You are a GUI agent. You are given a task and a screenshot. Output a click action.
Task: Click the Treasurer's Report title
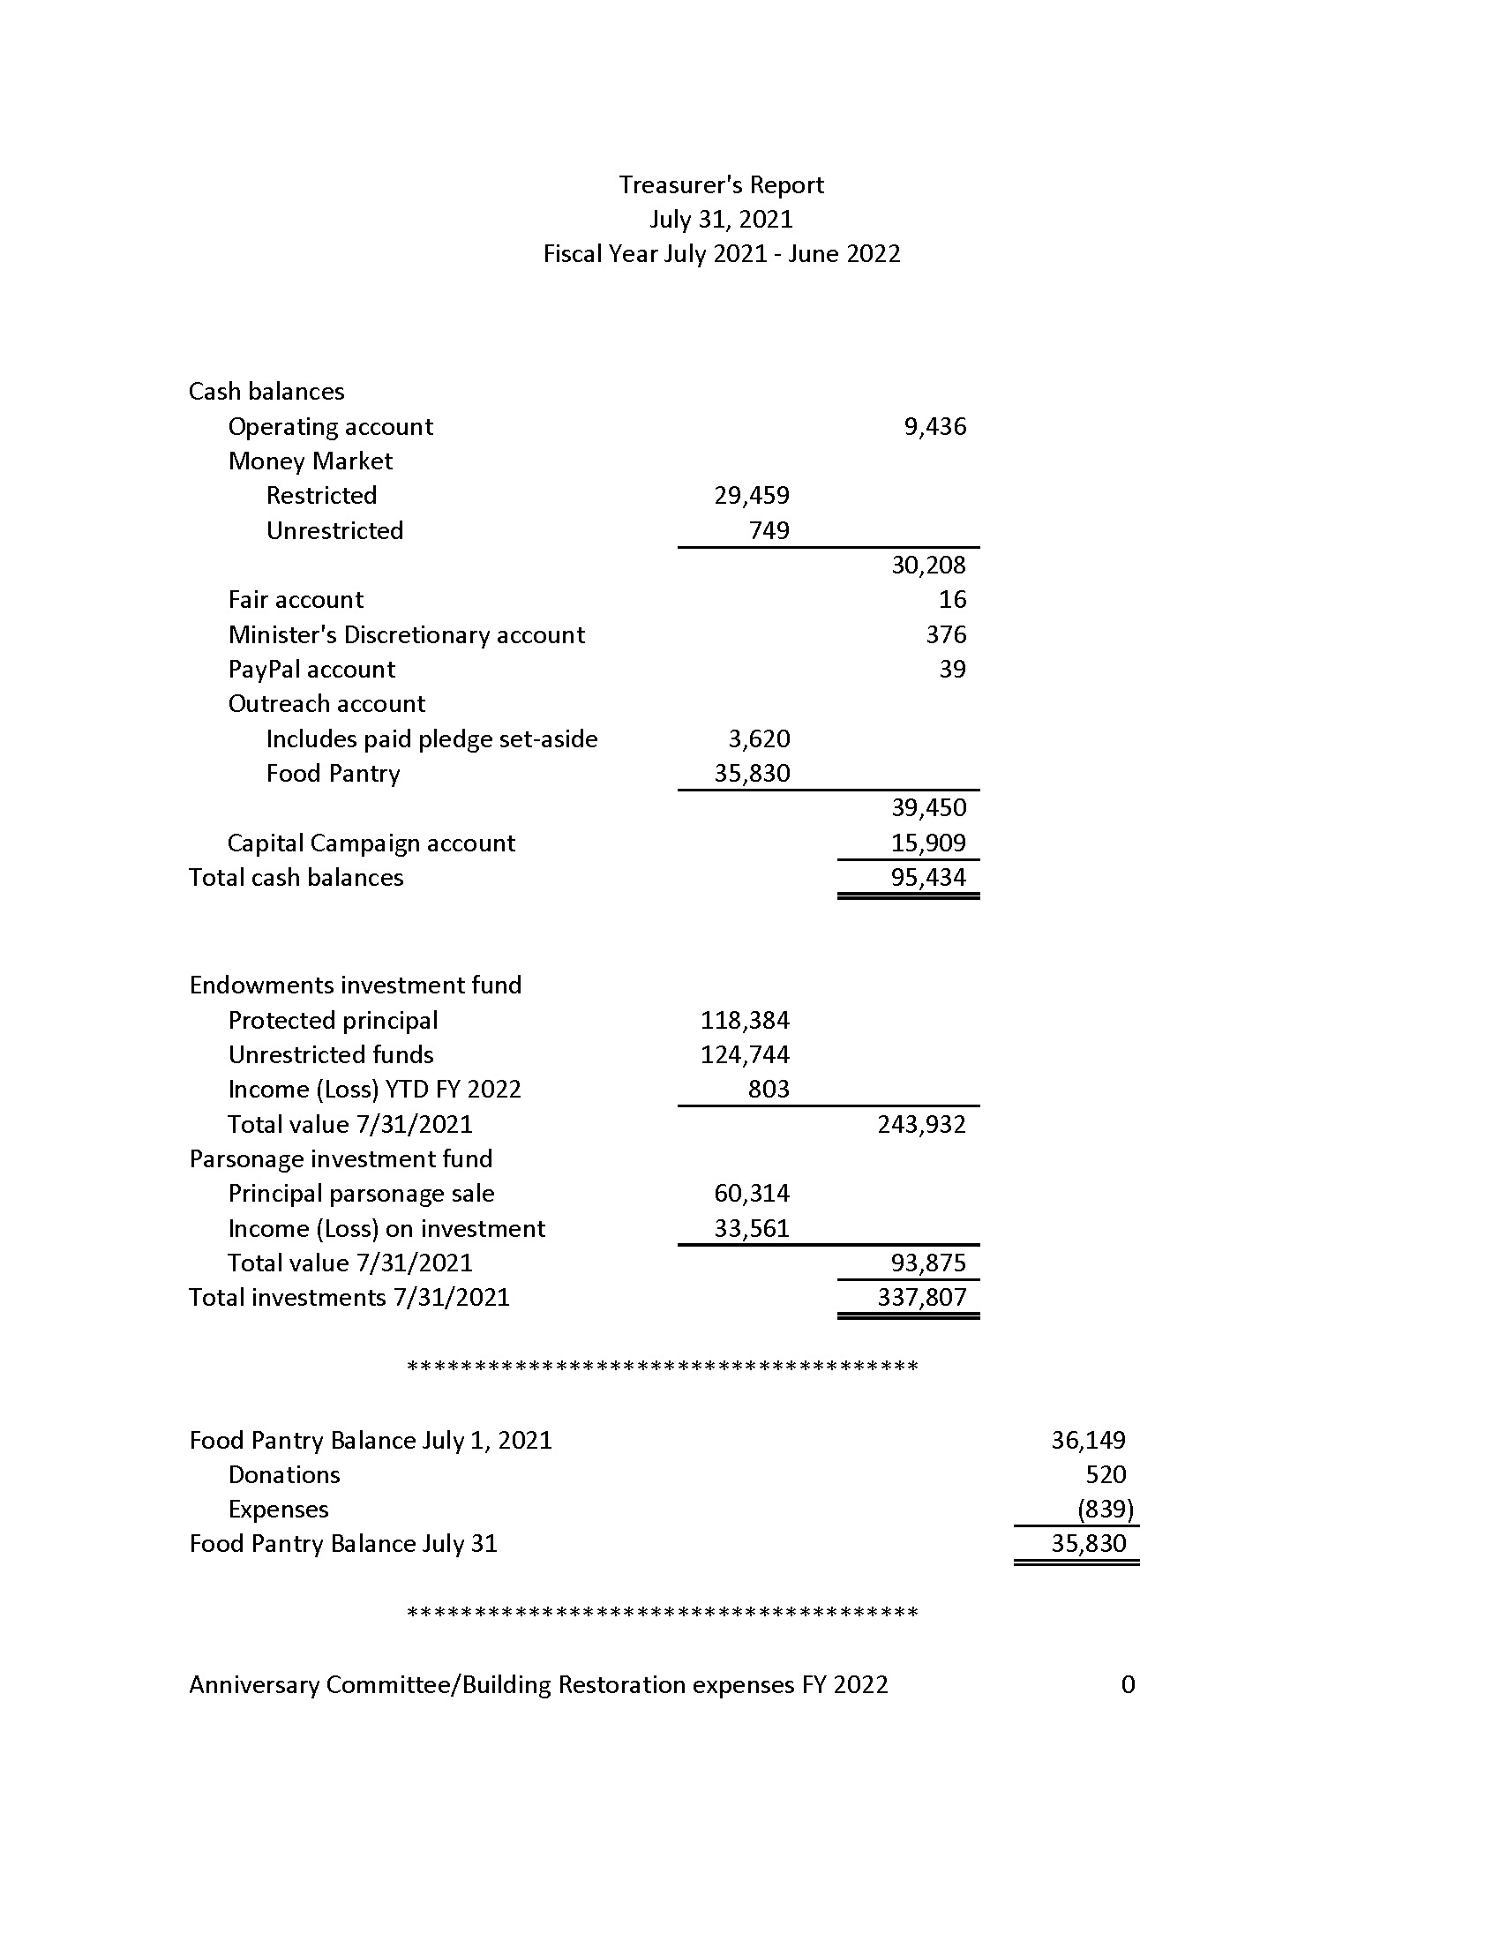coord(721,185)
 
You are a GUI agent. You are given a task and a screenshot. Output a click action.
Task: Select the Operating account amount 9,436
coord(934,427)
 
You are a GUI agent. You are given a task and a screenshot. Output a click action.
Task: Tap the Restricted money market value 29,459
coord(752,495)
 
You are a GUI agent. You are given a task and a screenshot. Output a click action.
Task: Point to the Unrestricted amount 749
coord(769,530)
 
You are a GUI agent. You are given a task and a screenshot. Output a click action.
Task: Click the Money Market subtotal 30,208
coord(928,565)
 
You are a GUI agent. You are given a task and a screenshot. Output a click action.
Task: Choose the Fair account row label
coord(295,600)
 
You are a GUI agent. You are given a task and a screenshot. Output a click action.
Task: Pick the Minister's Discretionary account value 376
coord(946,634)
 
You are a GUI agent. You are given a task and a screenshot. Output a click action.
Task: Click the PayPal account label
coord(311,670)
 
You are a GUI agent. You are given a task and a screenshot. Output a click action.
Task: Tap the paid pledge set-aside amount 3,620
coord(759,738)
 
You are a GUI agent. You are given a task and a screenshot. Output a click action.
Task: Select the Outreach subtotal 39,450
coord(928,807)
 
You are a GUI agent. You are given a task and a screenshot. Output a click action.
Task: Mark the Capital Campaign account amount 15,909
coord(928,843)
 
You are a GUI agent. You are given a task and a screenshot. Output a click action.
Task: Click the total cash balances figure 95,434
coord(928,877)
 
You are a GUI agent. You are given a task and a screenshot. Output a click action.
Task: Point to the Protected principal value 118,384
coord(745,1020)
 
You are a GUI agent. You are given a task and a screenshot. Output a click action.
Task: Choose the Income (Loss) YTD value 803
coord(769,1089)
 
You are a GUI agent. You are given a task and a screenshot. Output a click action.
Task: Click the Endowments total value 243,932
coord(921,1124)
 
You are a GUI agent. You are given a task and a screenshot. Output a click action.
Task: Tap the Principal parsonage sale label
coord(361,1194)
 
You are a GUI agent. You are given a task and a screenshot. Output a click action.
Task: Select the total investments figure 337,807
coord(921,1298)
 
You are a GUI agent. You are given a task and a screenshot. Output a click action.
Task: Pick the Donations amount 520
coord(1106,1474)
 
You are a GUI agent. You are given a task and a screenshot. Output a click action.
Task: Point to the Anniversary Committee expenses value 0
coord(1128,1684)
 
